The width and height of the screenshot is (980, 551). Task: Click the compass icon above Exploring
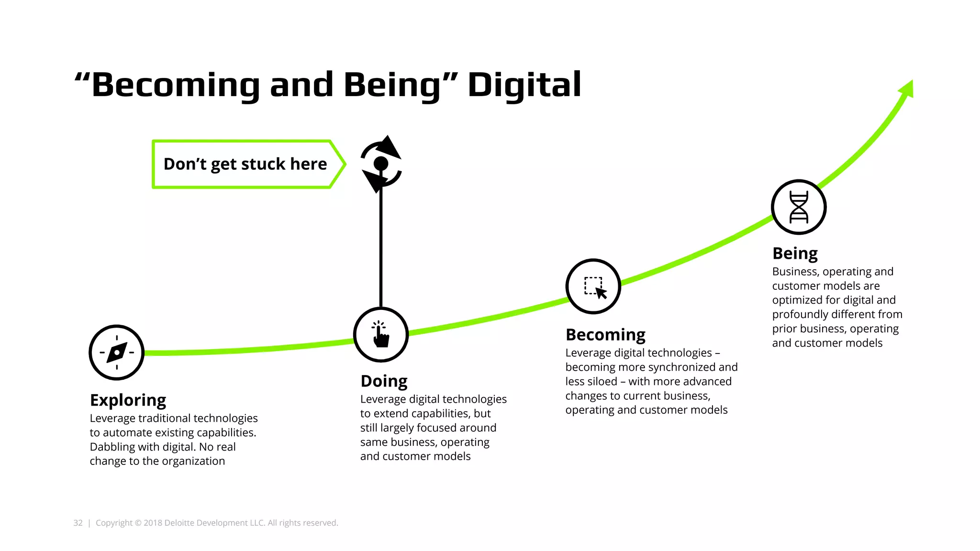[116, 353]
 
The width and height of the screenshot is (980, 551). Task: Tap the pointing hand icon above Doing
[381, 334]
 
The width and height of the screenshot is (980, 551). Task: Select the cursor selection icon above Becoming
[593, 287]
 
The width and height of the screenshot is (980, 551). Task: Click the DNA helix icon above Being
[799, 207]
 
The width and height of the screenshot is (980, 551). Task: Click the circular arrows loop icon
[381, 164]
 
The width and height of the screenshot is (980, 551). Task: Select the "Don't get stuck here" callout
[245, 164]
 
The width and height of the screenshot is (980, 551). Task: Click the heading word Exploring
[128, 400]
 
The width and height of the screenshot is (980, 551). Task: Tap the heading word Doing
[384, 381]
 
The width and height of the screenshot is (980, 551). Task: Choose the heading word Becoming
[605, 335]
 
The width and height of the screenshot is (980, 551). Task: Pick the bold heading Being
[795, 253]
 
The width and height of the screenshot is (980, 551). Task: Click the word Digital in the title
[524, 85]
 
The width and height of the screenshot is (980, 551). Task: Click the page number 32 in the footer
[78, 523]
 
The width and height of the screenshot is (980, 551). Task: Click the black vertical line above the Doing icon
[381, 249]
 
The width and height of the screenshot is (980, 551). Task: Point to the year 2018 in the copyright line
[153, 523]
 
